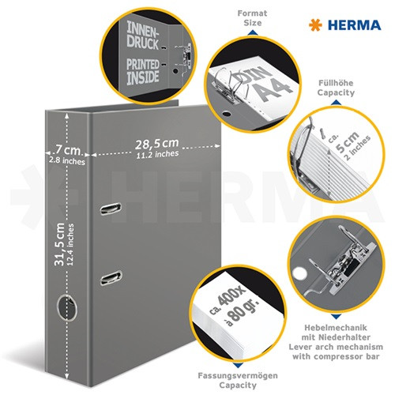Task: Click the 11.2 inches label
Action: [x=155, y=155]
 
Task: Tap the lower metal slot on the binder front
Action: [x=111, y=276]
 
